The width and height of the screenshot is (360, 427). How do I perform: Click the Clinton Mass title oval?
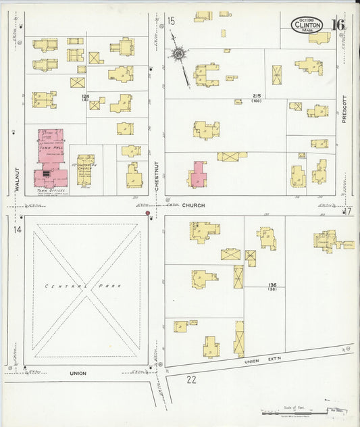(x=307, y=25)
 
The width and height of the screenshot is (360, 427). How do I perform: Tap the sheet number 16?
(x=338, y=26)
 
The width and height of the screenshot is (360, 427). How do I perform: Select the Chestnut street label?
(x=157, y=176)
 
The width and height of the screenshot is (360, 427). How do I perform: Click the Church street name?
(x=193, y=205)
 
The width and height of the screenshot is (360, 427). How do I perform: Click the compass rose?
(x=179, y=53)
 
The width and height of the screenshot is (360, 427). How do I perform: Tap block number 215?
(x=256, y=95)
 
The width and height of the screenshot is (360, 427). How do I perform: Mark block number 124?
(x=85, y=97)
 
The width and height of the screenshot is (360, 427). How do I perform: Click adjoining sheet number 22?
(x=191, y=379)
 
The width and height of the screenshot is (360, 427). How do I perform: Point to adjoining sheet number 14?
(x=17, y=230)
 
